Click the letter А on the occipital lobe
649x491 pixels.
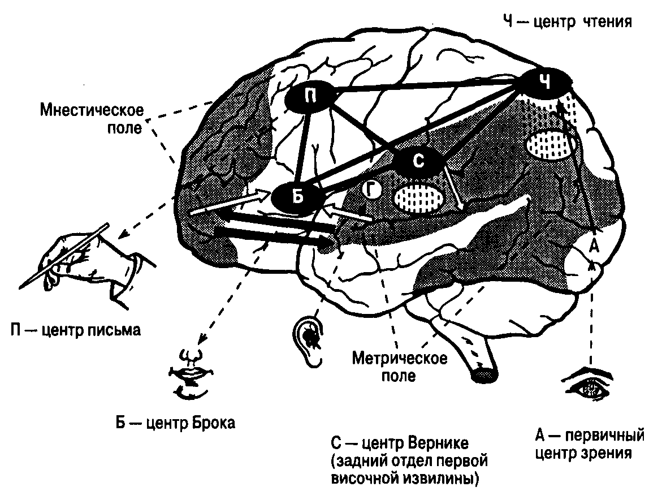[x=594, y=247]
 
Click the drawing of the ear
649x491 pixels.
[x=310, y=339]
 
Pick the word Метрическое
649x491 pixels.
[x=400, y=359]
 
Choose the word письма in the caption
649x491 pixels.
[x=113, y=330]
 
